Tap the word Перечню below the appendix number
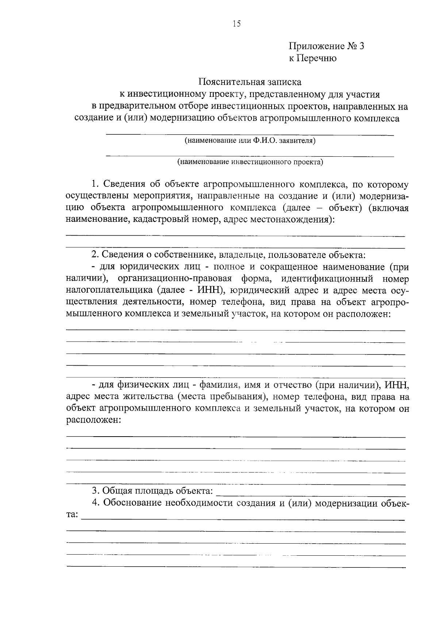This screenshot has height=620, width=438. pos(316,58)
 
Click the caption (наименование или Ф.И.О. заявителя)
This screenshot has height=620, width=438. pos(250,140)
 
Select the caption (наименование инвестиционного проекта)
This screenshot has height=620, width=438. pos(250,162)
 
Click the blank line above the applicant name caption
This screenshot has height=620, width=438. pos(250,135)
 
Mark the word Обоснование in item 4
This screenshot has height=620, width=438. pos(132,503)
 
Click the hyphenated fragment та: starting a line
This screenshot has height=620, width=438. pos(72,515)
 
